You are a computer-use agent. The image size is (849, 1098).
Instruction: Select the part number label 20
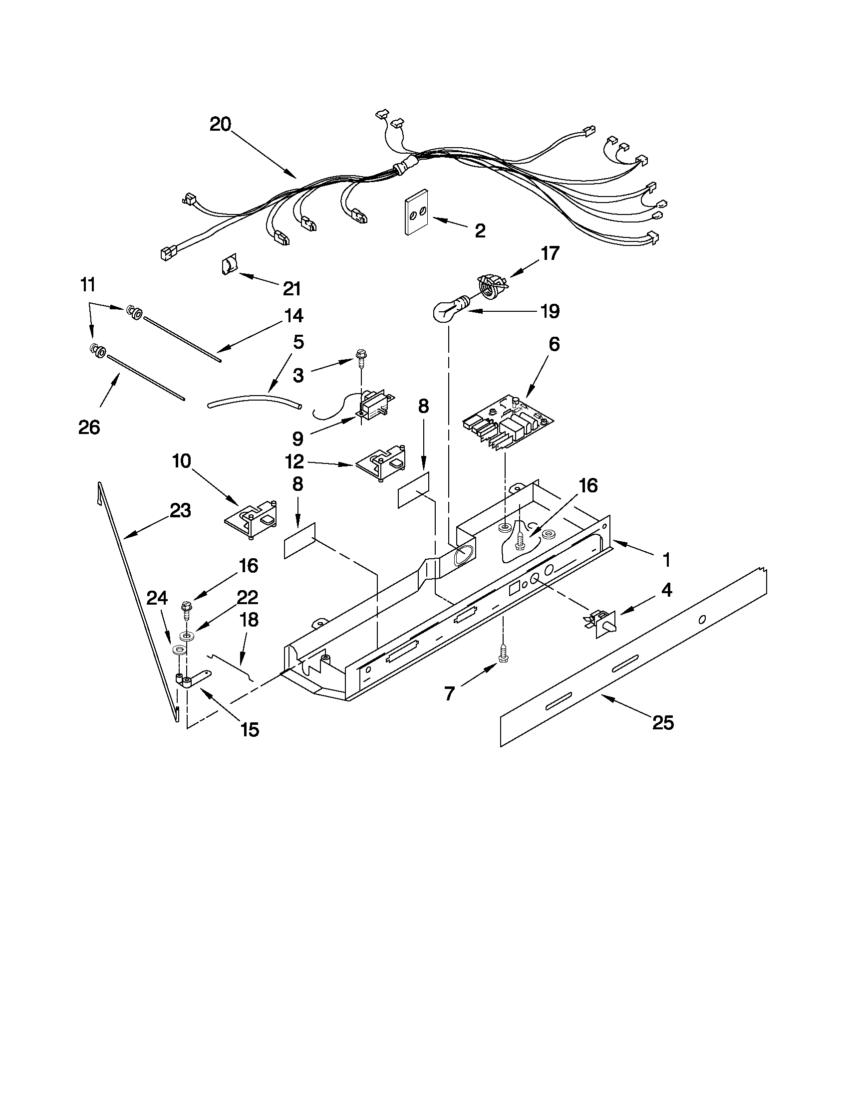tap(220, 124)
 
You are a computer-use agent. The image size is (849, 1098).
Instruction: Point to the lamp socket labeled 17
tap(491, 285)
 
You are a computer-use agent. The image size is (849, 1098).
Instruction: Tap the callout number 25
tap(662, 723)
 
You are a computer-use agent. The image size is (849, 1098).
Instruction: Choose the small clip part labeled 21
tap(228, 264)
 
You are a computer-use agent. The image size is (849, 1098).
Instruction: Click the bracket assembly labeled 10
tap(252, 521)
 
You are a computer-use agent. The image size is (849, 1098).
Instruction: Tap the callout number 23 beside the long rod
tap(180, 511)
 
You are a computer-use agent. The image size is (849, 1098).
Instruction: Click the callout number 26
tap(89, 428)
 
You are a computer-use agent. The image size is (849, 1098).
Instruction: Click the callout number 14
tap(293, 316)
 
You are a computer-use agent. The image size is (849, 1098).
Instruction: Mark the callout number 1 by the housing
tap(666, 560)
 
